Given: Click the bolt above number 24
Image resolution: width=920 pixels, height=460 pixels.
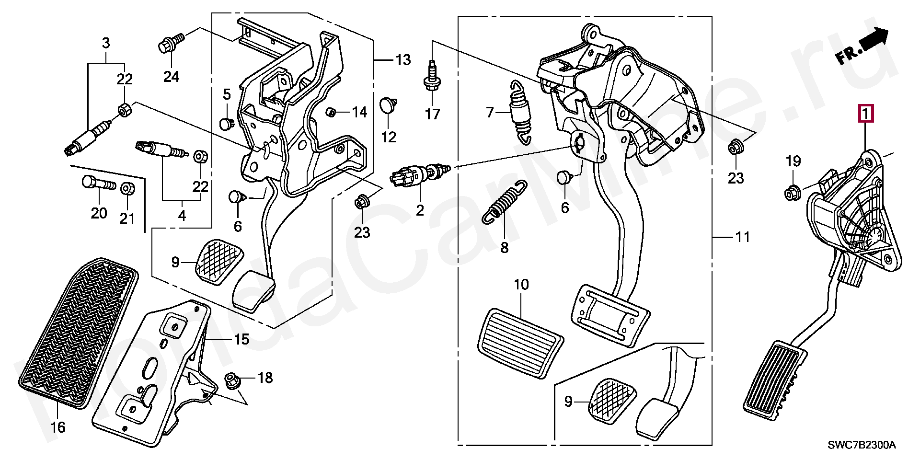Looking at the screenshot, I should [170, 42].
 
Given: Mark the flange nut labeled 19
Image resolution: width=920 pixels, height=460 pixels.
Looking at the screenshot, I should [791, 194].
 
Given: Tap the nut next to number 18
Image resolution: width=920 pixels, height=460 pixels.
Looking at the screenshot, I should [233, 381].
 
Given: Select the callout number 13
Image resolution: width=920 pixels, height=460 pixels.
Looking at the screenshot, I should [403, 60].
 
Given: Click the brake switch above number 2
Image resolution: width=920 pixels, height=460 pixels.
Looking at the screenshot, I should [418, 174].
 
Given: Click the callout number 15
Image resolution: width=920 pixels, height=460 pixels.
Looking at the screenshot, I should [242, 339].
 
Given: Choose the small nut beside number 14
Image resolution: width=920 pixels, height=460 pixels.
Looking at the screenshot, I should [330, 112].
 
